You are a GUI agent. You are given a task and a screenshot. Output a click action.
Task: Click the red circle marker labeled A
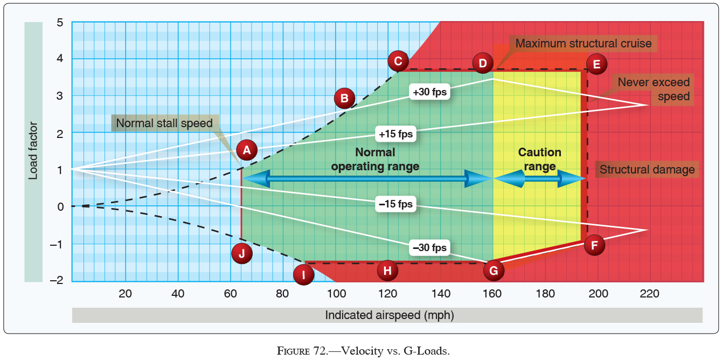(246, 150)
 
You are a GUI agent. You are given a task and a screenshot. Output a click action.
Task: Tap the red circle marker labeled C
(398, 61)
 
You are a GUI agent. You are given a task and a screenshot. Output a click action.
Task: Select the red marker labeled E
(596, 64)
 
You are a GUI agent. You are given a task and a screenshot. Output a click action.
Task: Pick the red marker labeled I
(304, 275)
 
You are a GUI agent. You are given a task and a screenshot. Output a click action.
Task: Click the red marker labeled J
(241, 253)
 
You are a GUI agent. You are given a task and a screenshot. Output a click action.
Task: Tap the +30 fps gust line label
(429, 92)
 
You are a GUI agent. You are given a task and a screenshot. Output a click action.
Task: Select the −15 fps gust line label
(395, 204)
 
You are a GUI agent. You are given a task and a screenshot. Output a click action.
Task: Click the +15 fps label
(396, 134)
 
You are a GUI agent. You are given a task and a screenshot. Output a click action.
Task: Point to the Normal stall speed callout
(164, 123)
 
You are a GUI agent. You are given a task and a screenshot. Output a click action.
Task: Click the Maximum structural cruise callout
(583, 44)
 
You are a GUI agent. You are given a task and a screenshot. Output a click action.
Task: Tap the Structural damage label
(647, 170)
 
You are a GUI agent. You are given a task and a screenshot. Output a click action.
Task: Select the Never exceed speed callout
(654, 89)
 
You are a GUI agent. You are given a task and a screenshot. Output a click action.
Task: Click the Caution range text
(539, 160)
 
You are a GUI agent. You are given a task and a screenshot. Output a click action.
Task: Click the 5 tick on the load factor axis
(60, 23)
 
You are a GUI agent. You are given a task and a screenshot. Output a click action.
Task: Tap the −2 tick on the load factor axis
(57, 280)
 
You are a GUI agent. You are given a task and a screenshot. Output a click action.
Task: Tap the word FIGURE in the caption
(292, 351)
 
